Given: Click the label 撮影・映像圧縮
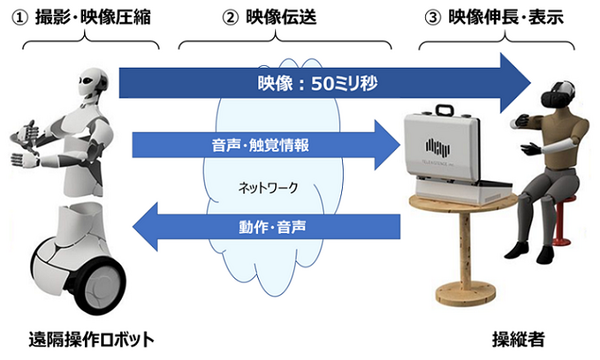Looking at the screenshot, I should [x=94, y=17].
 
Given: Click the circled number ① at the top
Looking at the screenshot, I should [x=18, y=17].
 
